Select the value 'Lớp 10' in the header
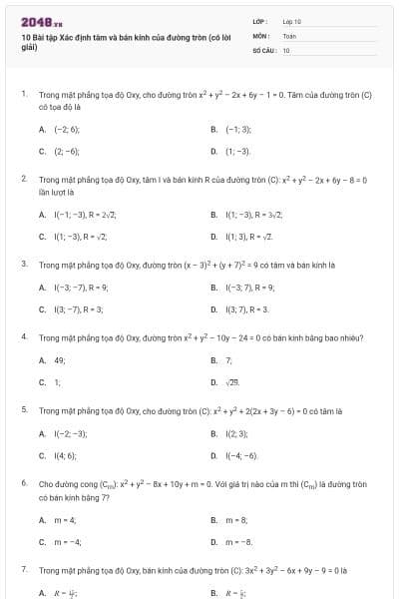coord(292,21)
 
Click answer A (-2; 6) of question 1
coord(66,130)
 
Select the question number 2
coord(23,179)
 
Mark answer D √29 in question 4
coord(232,382)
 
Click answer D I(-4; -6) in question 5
coord(241,455)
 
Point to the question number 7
coord(23,569)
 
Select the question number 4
coord(23,336)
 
